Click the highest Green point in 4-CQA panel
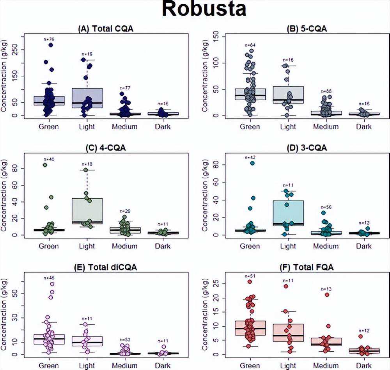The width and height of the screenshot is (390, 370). coord(45,165)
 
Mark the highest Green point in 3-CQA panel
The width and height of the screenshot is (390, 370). coord(252,163)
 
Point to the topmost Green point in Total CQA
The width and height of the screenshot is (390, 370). coord(51,45)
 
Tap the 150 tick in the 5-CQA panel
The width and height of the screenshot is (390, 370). coord(219,37)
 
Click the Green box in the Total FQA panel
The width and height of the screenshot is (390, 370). coord(250,330)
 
